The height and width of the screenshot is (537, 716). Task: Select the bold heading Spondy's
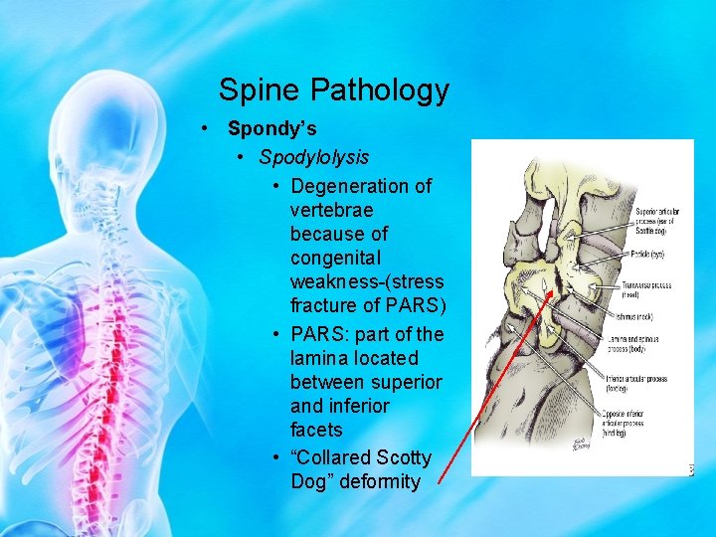[x=272, y=128]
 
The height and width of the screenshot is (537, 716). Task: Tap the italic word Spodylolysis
[x=314, y=157]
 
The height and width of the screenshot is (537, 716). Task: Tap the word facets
[x=316, y=430]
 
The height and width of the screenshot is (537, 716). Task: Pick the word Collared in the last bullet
[x=331, y=457]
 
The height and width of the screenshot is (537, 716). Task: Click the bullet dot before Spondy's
[x=202, y=129]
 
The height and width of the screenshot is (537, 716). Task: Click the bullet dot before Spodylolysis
[x=241, y=157]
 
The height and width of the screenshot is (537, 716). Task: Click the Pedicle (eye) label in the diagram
[x=645, y=255]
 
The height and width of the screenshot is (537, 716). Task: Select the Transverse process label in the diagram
[x=646, y=288]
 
